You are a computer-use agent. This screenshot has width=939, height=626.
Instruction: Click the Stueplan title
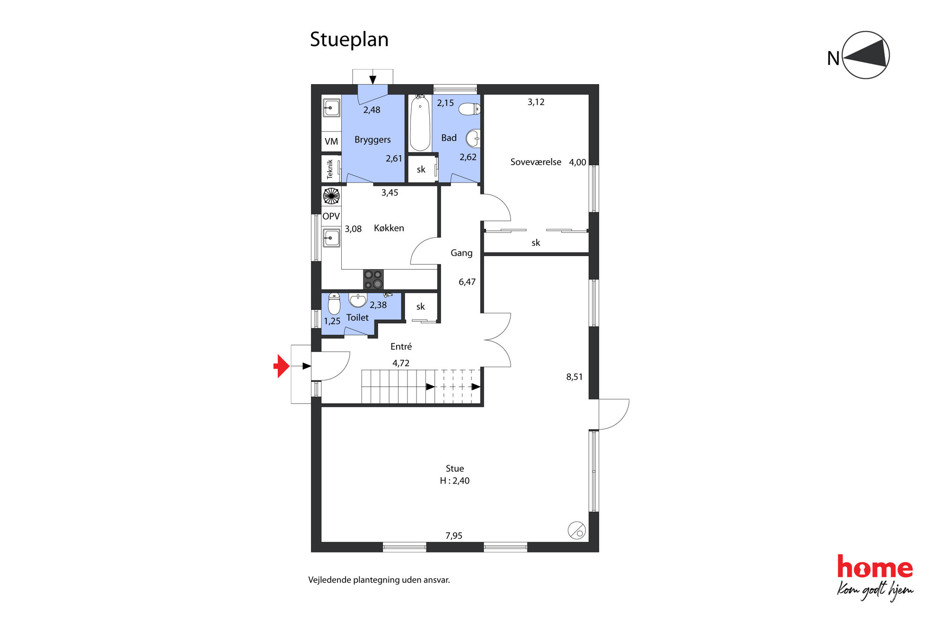pyautogui.click(x=349, y=40)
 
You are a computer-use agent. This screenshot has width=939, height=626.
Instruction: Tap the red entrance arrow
pyautogui.click(x=282, y=366)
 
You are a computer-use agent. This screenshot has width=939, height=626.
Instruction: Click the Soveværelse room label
pyautogui.click(x=536, y=162)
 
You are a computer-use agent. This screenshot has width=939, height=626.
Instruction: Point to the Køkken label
pyautogui.click(x=389, y=228)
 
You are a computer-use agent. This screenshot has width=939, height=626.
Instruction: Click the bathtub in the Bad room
pyautogui.click(x=420, y=123)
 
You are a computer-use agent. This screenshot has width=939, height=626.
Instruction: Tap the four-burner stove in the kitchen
pyautogui.click(x=373, y=279)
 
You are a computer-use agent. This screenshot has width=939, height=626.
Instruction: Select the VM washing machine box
pyautogui.click(x=331, y=141)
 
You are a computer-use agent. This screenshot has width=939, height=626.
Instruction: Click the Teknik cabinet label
pyautogui.click(x=330, y=169)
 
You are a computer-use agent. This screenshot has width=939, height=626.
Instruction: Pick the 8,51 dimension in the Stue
pyautogui.click(x=574, y=377)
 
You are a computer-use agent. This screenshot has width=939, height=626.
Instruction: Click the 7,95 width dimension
pyautogui.click(x=454, y=536)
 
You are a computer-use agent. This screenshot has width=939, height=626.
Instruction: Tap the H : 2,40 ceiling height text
pyautogui.click(x=454, y=481)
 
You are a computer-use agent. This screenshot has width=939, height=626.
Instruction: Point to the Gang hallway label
pyautogui.click(x=461, y=253)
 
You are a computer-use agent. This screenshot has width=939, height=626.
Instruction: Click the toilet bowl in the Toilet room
pyautogui.click(x=334, y=304)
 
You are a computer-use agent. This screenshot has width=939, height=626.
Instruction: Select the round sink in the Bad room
pyautogui.click(x=473, y=139)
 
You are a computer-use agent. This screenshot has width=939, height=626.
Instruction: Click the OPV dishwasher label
pyautogui.click(x=331, y=216)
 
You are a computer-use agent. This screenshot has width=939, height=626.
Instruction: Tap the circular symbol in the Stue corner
pyautogui.click(x=576, y=530)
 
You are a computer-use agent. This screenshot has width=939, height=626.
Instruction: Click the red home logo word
pyautogui.click(x=875, y=567)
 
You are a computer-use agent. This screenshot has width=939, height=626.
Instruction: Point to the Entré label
pyautogui.click(x=401, y=346)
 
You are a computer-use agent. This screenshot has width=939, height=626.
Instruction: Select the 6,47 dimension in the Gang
pyautogui.click(x=467, y=282)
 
